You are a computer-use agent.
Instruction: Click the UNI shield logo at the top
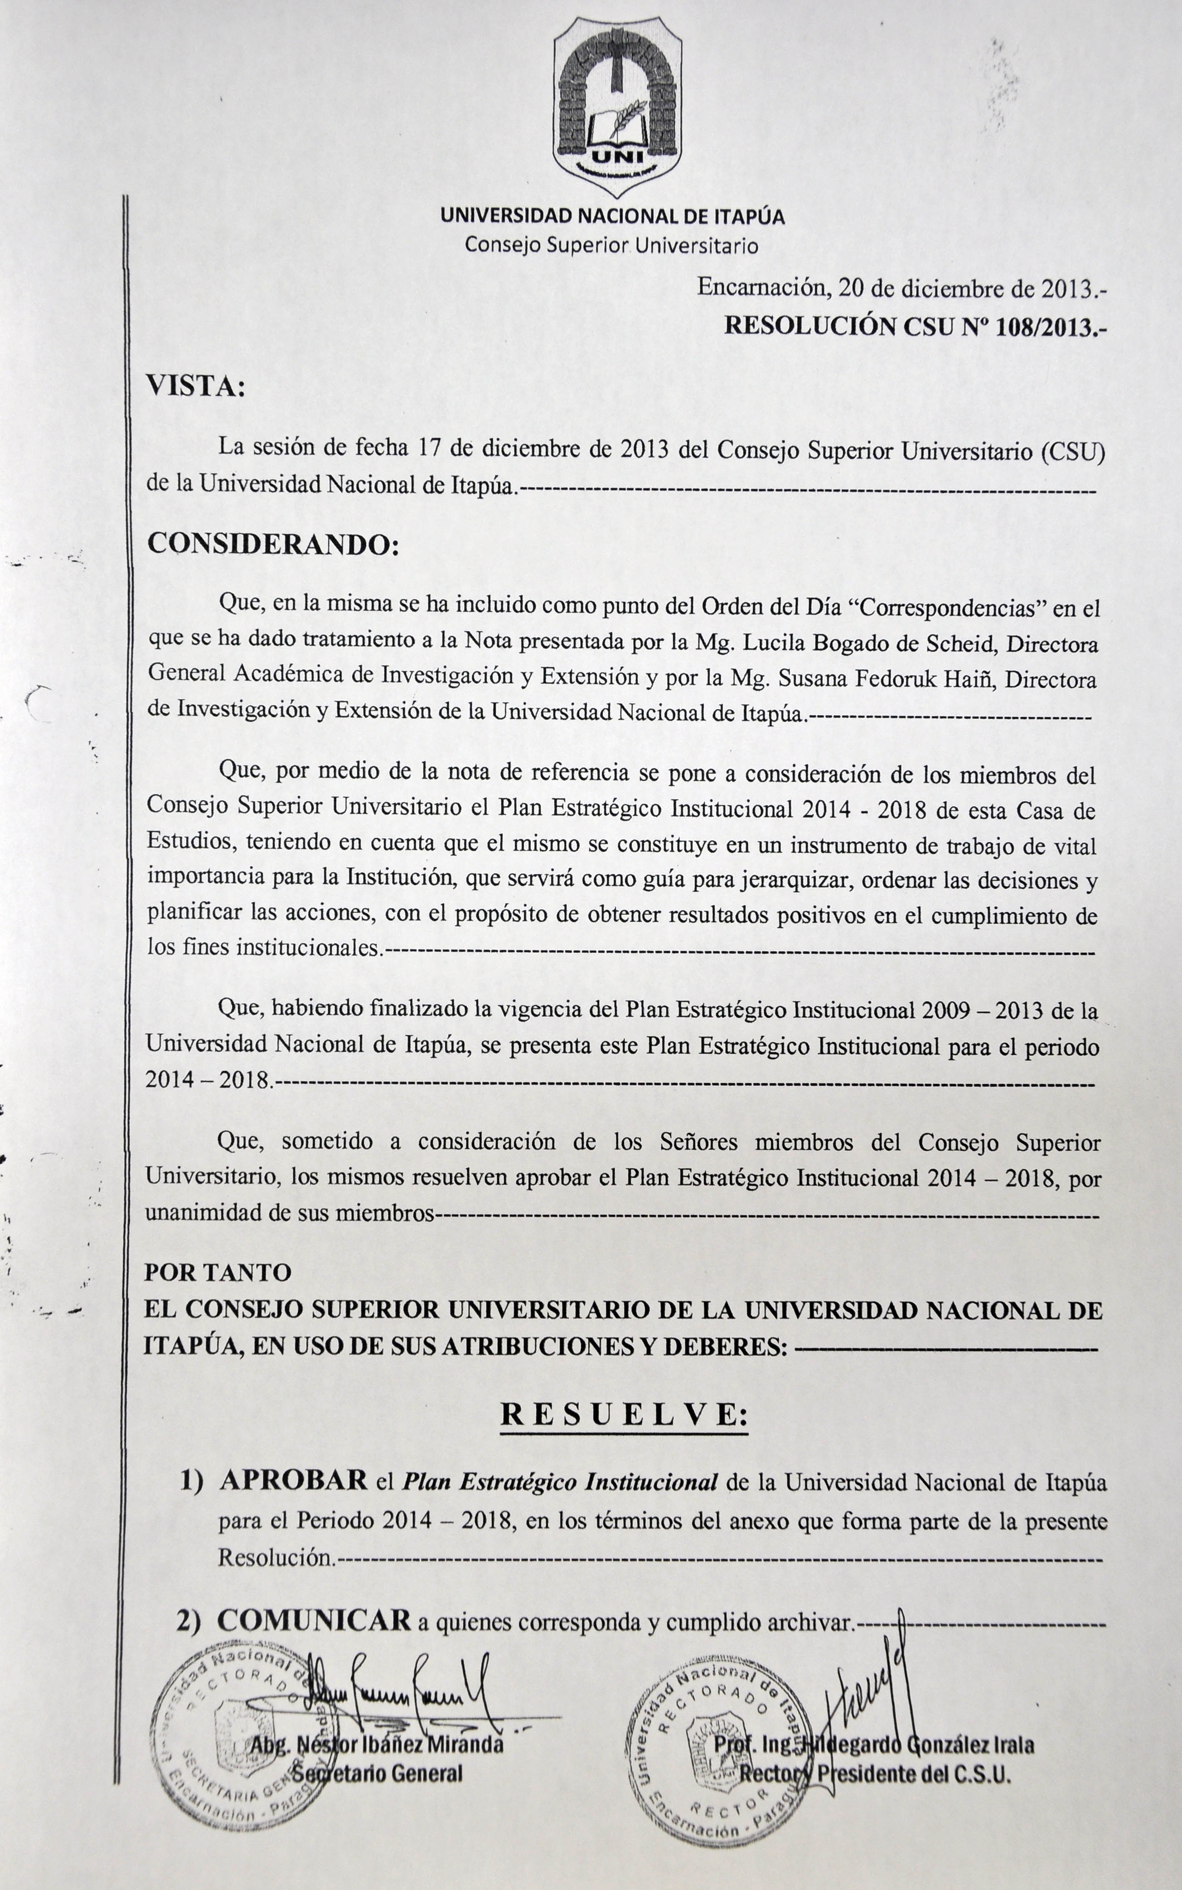[617, 107]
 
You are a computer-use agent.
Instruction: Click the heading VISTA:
[196, 386]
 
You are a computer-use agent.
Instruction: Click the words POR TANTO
[218, 1272]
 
